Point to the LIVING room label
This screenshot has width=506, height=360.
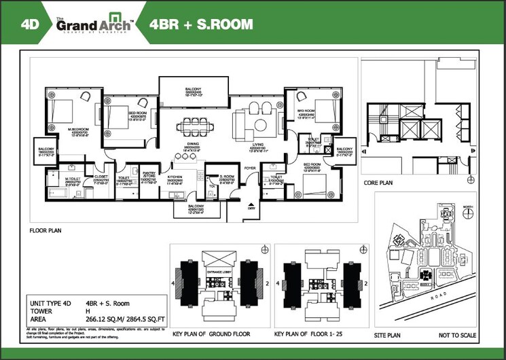click(258, 144)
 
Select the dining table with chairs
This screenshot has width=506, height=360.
click(193, 126)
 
